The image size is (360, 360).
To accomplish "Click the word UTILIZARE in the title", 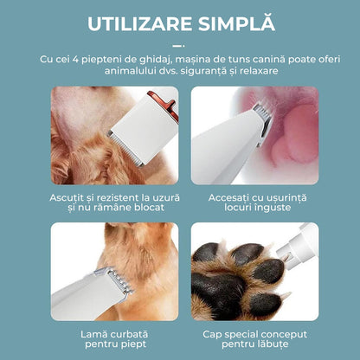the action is (139, 24).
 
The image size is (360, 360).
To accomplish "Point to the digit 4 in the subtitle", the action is (76, 59).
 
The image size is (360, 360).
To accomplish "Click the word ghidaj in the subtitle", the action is (156, 60).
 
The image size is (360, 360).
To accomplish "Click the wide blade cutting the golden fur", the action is (125, 149).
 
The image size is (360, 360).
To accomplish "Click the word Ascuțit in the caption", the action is (67, 198).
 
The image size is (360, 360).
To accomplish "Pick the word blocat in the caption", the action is (149, 208).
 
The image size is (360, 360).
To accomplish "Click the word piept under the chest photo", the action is (133, 344).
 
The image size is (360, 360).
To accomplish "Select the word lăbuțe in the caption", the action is (273, 344).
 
